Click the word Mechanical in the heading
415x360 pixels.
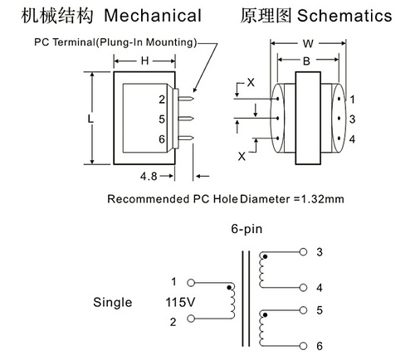pyautogui.click(x=153, y=16)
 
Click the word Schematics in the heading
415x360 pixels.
pyautogui.click(x=344, y=16)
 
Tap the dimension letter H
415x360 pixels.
pyautogui.click(x=144, y=61)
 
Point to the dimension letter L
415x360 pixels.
pyautogui.click(x=90, y=119)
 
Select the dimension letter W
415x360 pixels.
pyautogui.click(x=308, y=43)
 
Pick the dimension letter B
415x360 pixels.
pyautogui.click(x=306, y=61)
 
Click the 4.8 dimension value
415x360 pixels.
pyautogui.click(x=149, y=176)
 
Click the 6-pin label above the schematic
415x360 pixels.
pyautogui.click(x=247, y=229)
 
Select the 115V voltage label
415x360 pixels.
pyautogui.click(x=180, y=302)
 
